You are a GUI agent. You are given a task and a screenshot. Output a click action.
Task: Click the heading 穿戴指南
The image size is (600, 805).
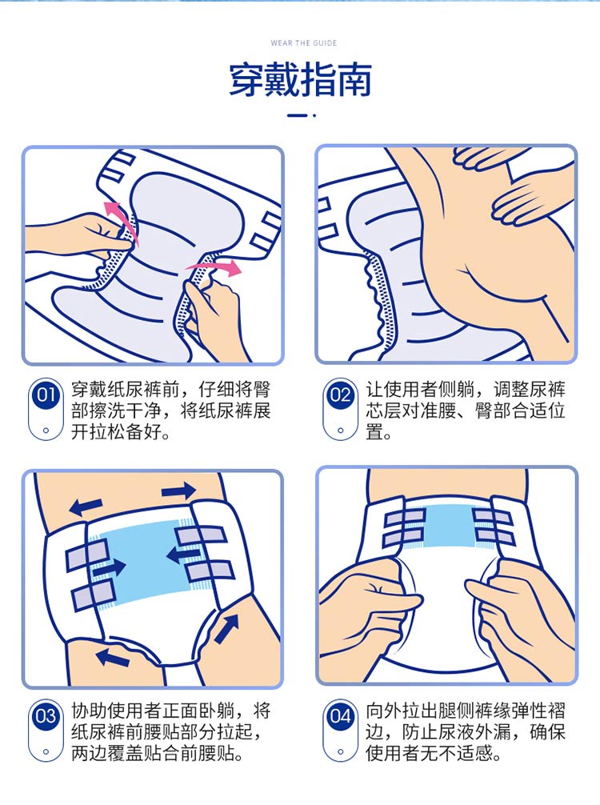coord(300,81)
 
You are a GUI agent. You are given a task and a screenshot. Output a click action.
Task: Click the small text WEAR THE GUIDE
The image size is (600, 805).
coord(304,43)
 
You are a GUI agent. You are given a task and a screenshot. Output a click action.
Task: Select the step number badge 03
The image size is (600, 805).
coord(46,715)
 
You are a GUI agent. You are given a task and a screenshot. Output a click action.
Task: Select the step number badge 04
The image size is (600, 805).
coord(340,715)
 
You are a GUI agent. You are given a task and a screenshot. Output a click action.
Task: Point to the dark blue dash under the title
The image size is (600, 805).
coord(297,115)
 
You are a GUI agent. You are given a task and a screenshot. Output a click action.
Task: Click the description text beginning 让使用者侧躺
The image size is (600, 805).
coord(466,411)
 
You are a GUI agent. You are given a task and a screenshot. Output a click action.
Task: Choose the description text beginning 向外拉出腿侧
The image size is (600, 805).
coord(466,732)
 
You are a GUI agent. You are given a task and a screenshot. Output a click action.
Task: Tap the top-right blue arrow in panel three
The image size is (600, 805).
coord(178,492)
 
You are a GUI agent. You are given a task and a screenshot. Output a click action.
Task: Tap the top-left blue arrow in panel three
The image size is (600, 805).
coord(86,507)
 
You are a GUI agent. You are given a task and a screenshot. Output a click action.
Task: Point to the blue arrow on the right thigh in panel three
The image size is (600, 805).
coord(226,629)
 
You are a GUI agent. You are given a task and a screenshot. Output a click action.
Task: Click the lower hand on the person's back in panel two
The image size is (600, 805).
coord(530,201)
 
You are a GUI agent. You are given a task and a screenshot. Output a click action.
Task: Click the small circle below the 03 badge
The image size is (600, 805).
coord(46,751)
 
